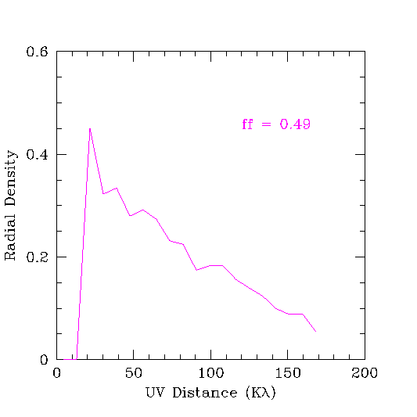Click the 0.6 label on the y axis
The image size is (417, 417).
point(37,52)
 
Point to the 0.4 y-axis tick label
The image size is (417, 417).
point(37,154)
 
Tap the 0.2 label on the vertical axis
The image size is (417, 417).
point(37,257)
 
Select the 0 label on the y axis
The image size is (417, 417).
point(44,360)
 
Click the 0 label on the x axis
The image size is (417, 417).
point(56,373)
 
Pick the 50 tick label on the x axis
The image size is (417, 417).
point(134,373)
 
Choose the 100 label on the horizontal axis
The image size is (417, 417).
point(210,373)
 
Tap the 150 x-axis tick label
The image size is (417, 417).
point(288,373)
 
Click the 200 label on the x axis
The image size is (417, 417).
point(365,373)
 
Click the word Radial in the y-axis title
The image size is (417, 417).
point(10,237)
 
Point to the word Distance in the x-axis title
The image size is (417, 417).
point(204,393)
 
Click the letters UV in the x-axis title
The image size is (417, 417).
point(156,393)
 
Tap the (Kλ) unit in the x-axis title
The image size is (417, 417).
point(261,393)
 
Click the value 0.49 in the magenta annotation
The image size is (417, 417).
point(295,124)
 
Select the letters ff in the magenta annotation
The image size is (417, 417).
point(247,124)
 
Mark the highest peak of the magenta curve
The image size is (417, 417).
point(90,129)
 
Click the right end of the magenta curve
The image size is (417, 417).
point(315,332)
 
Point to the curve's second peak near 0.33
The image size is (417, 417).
point(117,189)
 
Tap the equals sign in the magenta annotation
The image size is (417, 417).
point(266,124)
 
